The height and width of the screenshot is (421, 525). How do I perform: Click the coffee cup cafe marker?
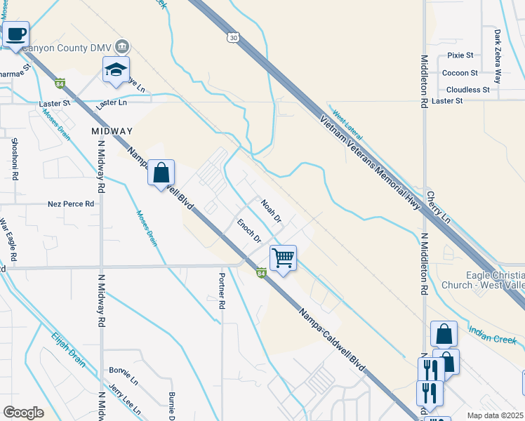tap(15, 34)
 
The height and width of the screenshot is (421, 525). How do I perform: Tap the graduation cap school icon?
tap(117, 69)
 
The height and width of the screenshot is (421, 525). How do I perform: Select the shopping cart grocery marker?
tap(283, 258)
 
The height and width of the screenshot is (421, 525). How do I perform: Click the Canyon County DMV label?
tap(69, 48)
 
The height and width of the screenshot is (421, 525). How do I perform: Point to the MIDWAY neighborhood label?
tap(112, 131)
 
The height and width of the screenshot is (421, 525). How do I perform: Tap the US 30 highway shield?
tap(232, 36)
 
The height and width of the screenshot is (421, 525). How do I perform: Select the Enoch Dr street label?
tap(248, 231)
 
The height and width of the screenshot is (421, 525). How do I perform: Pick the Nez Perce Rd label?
tap(71, 204)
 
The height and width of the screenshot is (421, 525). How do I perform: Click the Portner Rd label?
tap(222, 290)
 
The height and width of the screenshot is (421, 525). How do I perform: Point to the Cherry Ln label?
tap(438, 203)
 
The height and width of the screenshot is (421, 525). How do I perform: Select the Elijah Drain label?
tap(68, 349)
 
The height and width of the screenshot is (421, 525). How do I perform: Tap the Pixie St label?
tap(460, 55)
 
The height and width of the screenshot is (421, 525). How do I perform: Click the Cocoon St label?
tap(460, 72)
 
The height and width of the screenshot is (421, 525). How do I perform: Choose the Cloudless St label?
tap(468, 90)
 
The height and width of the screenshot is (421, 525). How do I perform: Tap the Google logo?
tap(23, 413)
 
